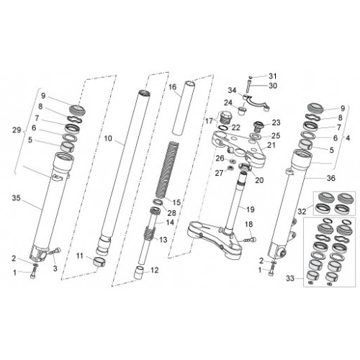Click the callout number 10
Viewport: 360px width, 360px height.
108,138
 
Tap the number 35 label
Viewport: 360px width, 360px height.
17,198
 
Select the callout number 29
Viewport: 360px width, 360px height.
17,130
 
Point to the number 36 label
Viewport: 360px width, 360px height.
331,178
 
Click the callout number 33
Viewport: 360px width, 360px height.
290,279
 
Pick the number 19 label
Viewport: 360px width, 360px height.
251,210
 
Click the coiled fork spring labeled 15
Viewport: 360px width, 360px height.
168,171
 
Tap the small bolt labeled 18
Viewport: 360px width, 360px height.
250,239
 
